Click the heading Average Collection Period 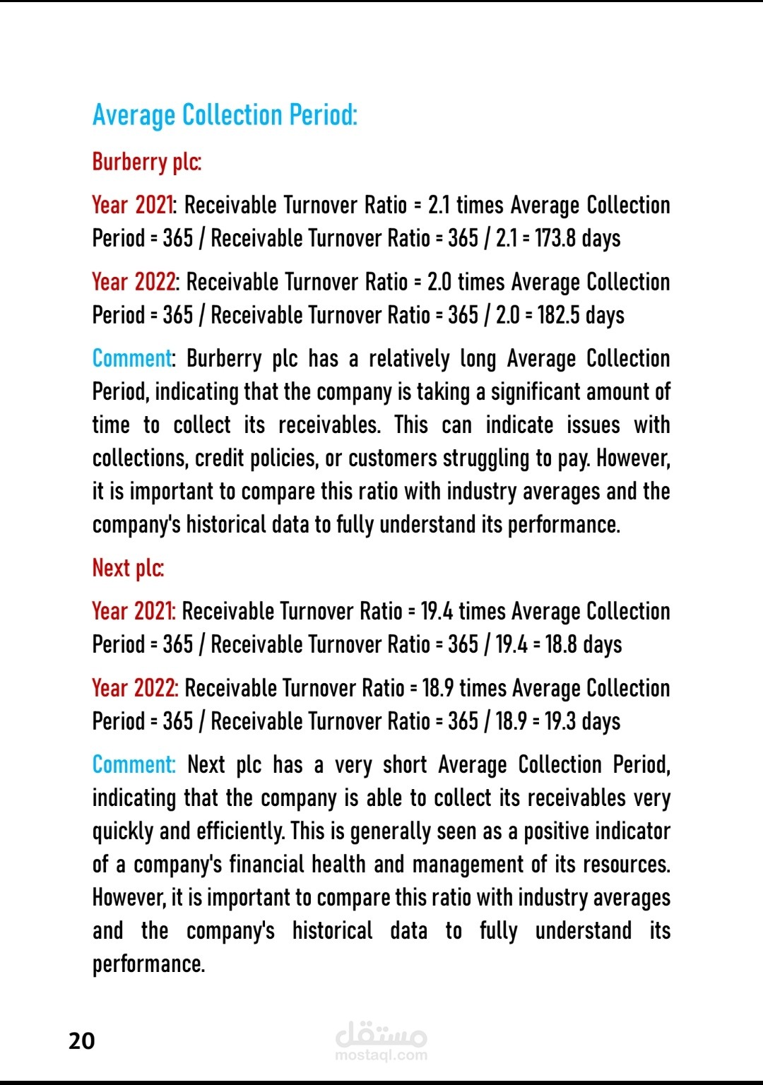point(225,115)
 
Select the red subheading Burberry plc point(146,162)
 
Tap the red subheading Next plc point(128,568)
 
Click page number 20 point(81,1040)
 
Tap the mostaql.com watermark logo point(381,1042)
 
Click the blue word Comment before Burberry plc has point(132,359)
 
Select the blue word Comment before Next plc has point(133,765)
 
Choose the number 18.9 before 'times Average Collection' point(437,688)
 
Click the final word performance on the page point(148,964)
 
